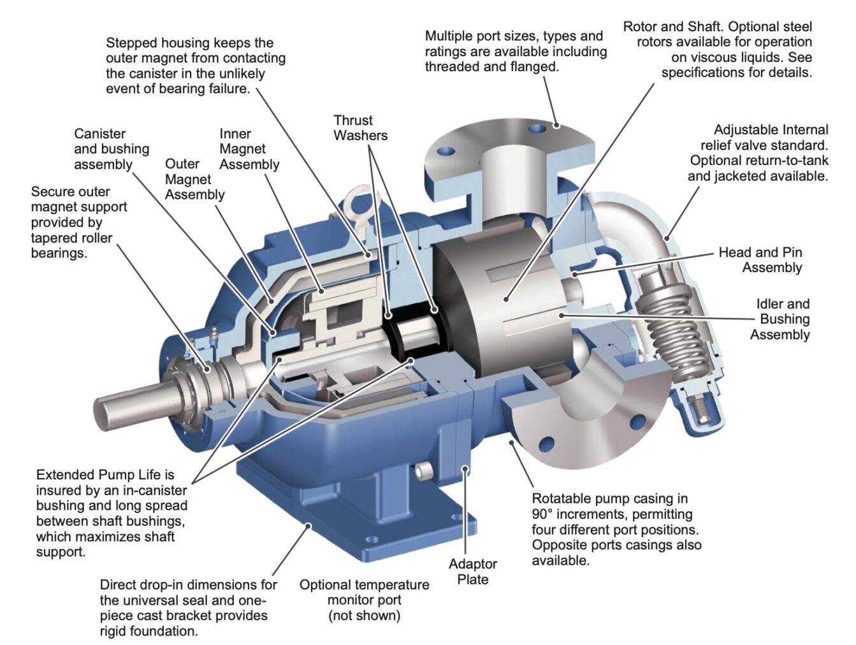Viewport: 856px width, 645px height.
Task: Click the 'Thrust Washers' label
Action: coord(360,128)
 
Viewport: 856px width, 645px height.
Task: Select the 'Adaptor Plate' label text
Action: coord(472,572)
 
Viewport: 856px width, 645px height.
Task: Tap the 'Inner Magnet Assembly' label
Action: coord(249,149)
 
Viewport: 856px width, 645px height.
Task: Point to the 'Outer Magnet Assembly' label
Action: coord(194,179)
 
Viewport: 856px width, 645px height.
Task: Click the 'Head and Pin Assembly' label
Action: coord(760,260)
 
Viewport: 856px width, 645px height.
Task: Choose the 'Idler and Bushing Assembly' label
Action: coord(780,319)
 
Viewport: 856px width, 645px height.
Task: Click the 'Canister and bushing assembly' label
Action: coord(112,149)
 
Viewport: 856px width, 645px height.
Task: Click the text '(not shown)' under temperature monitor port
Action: coord(365,616)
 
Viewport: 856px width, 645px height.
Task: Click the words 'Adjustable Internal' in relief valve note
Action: coord(771,130)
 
